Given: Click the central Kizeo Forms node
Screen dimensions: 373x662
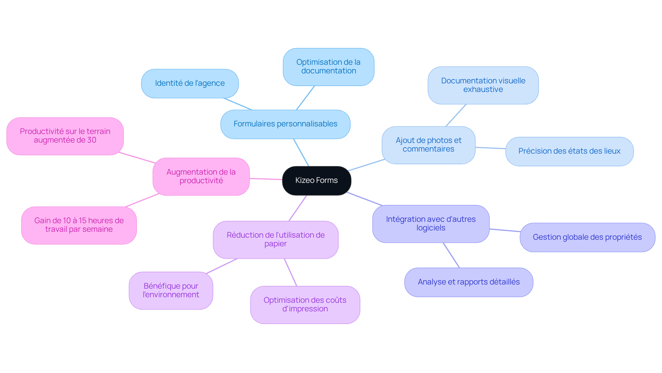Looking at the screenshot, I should tap(317, 180).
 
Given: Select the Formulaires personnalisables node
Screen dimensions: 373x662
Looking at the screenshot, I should tap(285, 124).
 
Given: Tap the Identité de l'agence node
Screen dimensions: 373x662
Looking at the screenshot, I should tap(190, 83).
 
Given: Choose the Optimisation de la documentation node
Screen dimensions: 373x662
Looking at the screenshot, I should tap(328, 66).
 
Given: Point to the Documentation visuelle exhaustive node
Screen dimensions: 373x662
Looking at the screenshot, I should tap(483, 85).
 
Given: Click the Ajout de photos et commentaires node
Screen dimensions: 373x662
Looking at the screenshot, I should tap(428, 145).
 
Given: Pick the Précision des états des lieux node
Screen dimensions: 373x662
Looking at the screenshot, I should tap(569, 151).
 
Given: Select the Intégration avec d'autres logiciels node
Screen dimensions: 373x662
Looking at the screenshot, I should tap(431, 224).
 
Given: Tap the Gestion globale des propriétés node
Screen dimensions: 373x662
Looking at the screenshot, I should tap(587, 237).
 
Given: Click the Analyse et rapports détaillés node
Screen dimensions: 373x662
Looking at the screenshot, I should tap(468, 282).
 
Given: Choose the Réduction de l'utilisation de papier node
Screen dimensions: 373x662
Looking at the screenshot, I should tap(275, 239).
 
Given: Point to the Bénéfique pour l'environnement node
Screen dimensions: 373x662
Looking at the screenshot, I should tap(171, 290).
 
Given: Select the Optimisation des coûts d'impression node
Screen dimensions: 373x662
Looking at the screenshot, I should tap(305, 304).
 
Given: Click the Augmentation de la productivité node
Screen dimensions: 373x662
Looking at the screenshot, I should tap(201, 176).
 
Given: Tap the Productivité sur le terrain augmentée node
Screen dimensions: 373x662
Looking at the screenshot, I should tap(65, 136).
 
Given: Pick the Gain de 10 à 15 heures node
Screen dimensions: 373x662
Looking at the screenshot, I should tap(79, 225).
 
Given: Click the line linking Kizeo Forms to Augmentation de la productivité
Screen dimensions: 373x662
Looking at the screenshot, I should tap(266, 179).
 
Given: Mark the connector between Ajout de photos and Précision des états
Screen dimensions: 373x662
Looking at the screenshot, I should tap(490, 148).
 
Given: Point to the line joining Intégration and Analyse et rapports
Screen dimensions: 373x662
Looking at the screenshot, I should tap(451, 255).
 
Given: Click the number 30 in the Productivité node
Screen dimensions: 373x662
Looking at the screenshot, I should tap(92, 140).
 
